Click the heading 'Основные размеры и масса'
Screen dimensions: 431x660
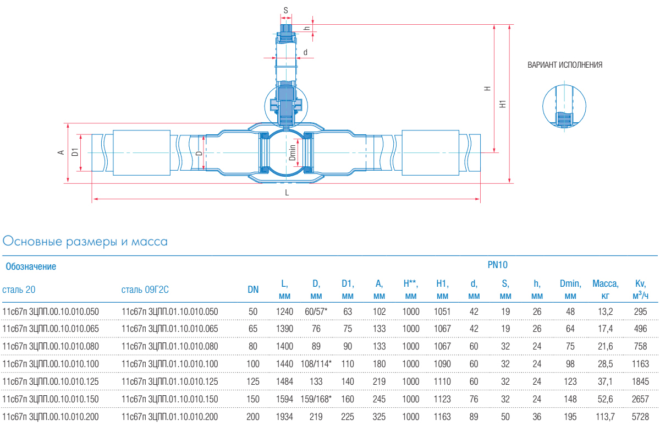coord(85,241)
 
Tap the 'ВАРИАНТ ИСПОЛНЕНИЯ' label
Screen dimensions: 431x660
coord(565,65)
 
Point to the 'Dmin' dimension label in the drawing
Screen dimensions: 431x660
coord(293,152)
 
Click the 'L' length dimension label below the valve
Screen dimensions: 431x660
coord(287,193)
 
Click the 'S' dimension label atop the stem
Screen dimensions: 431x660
coord(285,10)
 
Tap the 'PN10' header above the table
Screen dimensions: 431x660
coord(497,265)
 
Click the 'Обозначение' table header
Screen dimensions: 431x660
coord(31,267)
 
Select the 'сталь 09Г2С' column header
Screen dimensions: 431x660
coord(145,290)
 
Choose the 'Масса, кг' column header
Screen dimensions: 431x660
coord(605,290)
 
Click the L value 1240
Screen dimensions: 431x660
coord(284,312)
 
